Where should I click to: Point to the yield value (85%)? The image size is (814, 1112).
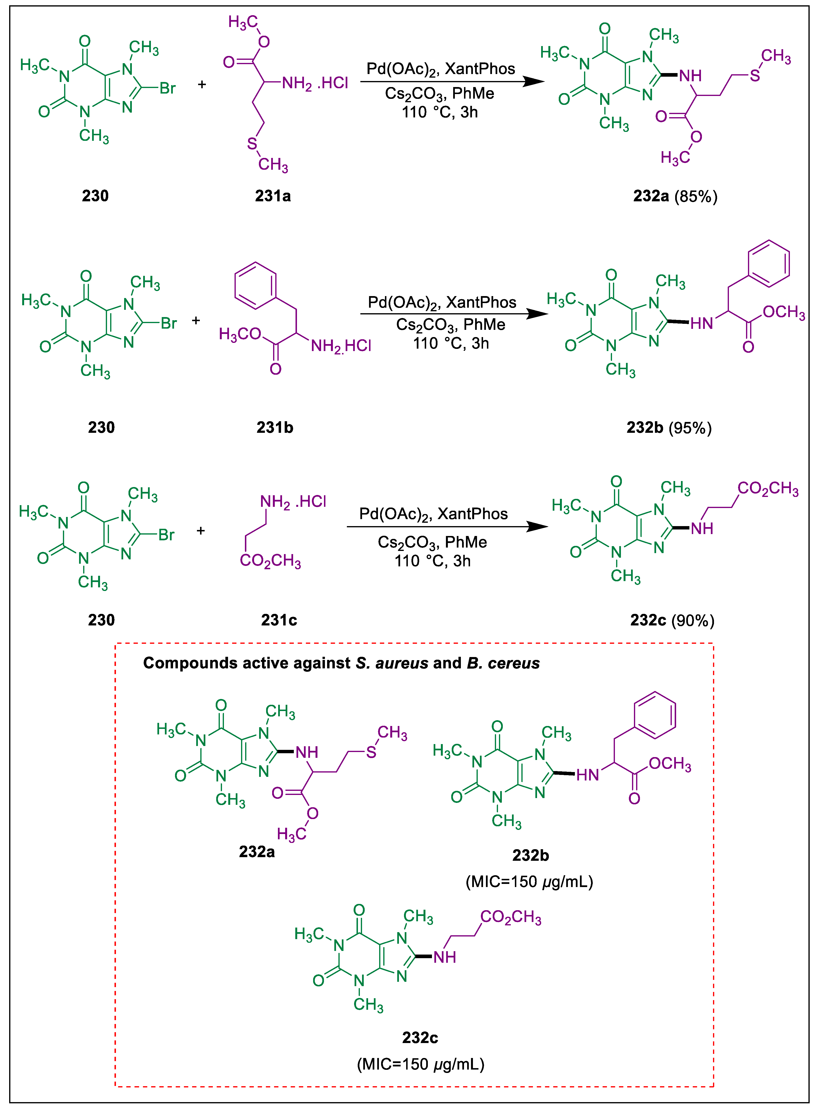click(x=696, y=196)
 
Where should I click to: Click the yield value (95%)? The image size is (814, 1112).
click(x=690, y=427)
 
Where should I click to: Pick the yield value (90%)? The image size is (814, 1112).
click(x=693, y=620)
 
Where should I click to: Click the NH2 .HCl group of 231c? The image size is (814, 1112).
click(x=293, y=502)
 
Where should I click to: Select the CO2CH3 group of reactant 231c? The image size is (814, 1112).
click(x=270, y=560)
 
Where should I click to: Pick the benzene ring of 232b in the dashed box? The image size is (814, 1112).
click(x=654, y=715)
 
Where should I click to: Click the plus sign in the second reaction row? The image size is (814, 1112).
click(x=196, y=320)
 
